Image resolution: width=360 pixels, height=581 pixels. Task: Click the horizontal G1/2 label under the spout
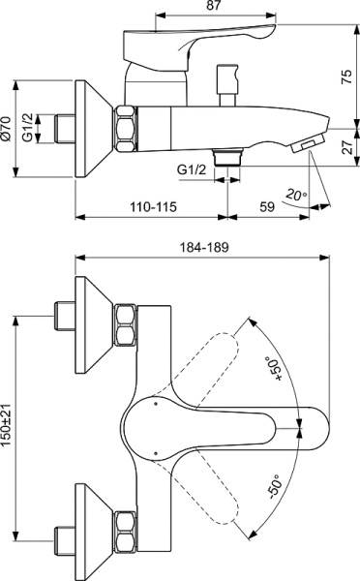point(193,170)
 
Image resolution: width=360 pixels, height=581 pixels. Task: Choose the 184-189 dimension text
point(204,249)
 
